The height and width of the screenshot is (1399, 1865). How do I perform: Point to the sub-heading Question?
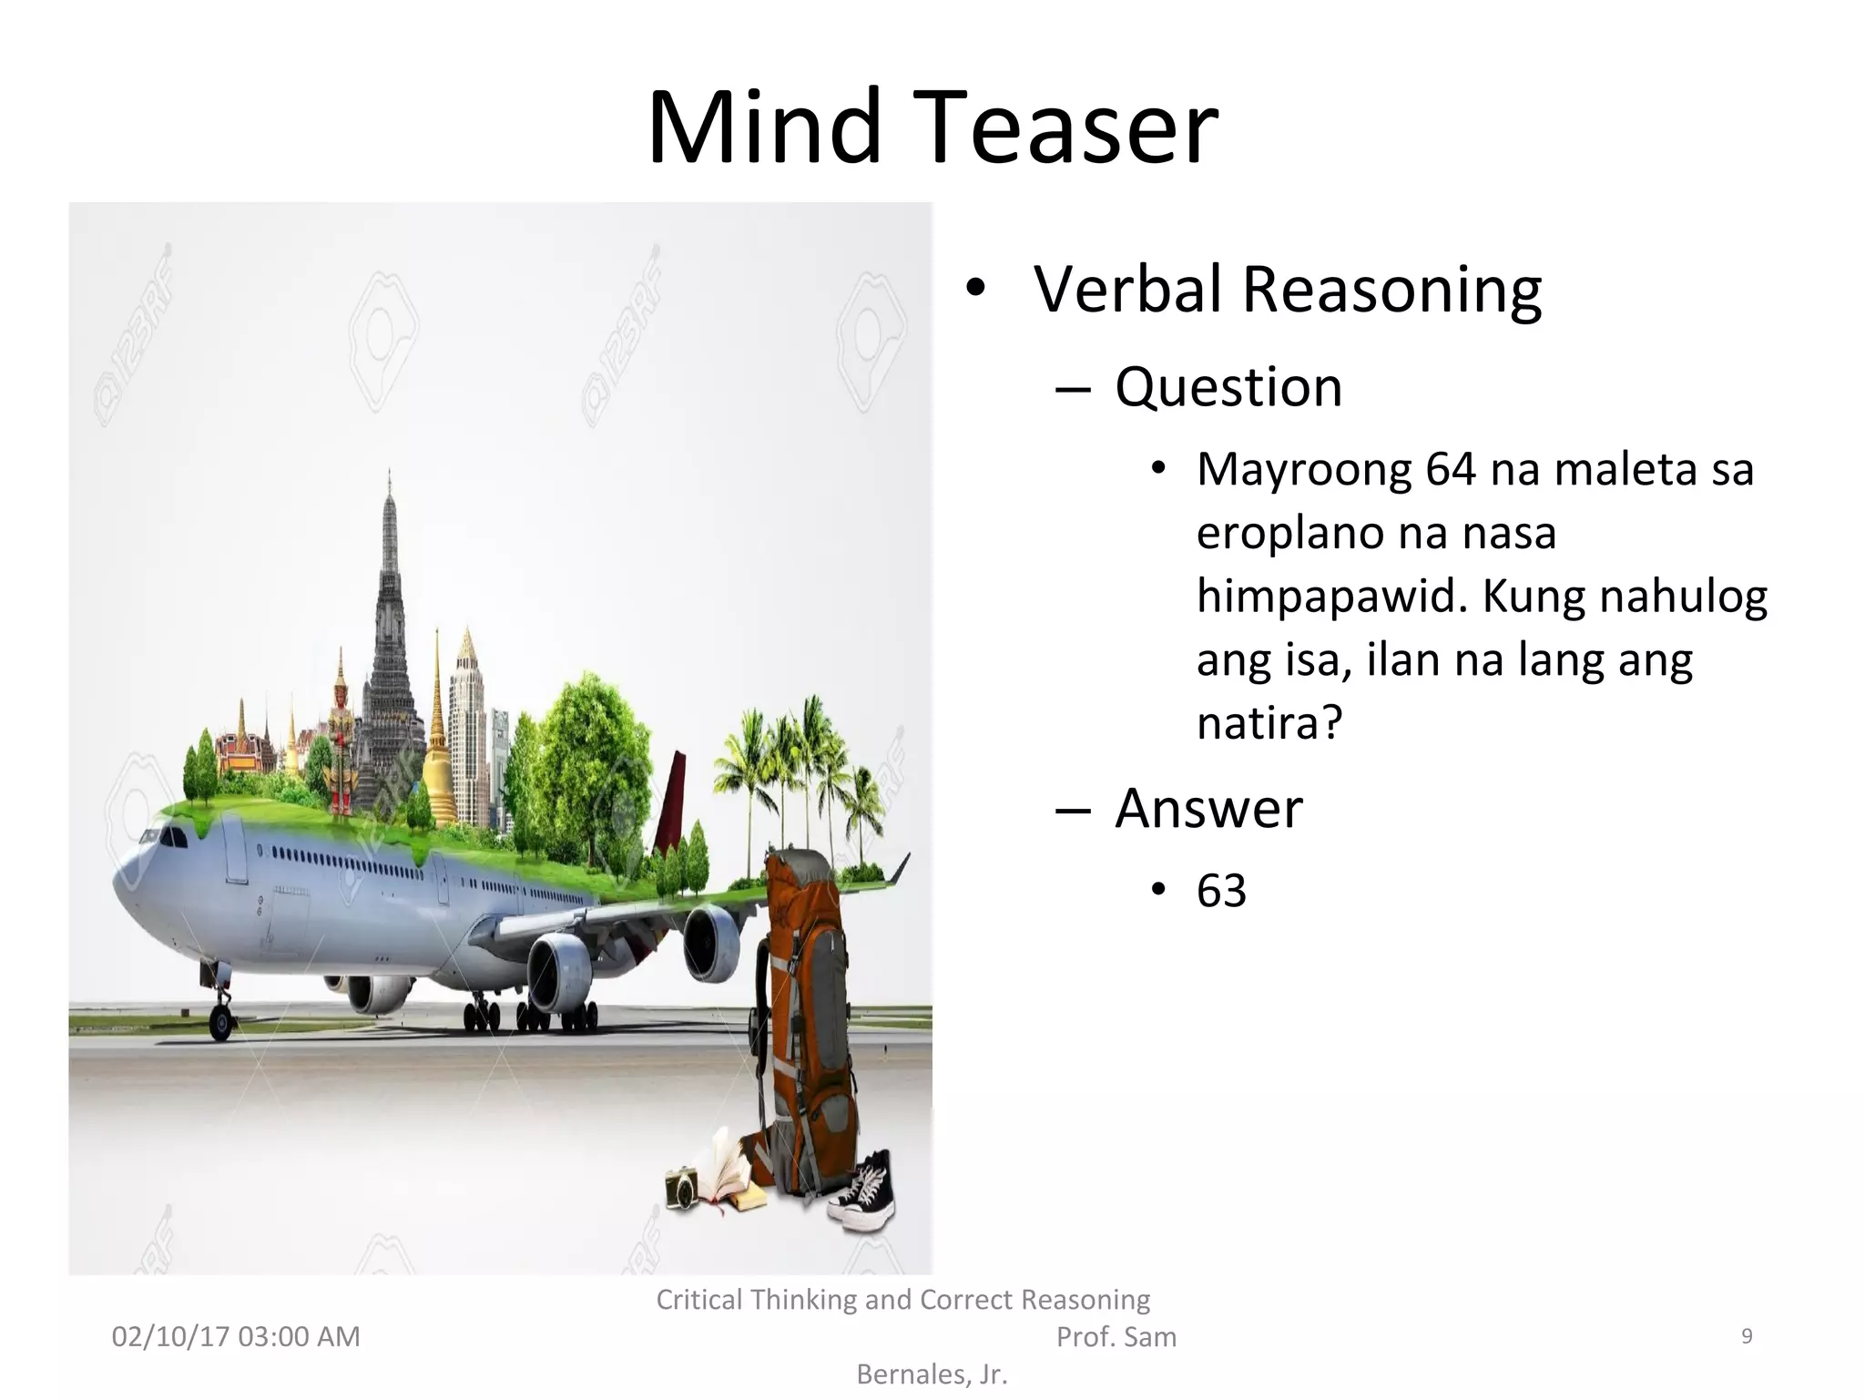1228,387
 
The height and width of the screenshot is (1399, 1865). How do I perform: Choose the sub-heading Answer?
1208,808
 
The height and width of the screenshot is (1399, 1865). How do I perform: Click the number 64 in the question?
1451,470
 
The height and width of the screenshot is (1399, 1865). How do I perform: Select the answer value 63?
1221,891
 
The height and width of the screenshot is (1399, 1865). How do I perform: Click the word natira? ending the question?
1269,723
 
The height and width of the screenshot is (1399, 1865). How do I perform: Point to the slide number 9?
1747,1336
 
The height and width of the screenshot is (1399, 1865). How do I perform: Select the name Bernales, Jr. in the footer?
932,1374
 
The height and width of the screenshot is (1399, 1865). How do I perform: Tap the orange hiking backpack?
806,1011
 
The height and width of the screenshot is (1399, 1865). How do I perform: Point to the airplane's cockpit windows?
168,835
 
